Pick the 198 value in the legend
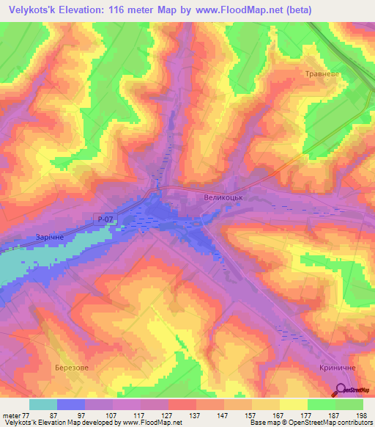click(362, 415)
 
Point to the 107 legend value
click(112, 415)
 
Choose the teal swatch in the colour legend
click(43, 404)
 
